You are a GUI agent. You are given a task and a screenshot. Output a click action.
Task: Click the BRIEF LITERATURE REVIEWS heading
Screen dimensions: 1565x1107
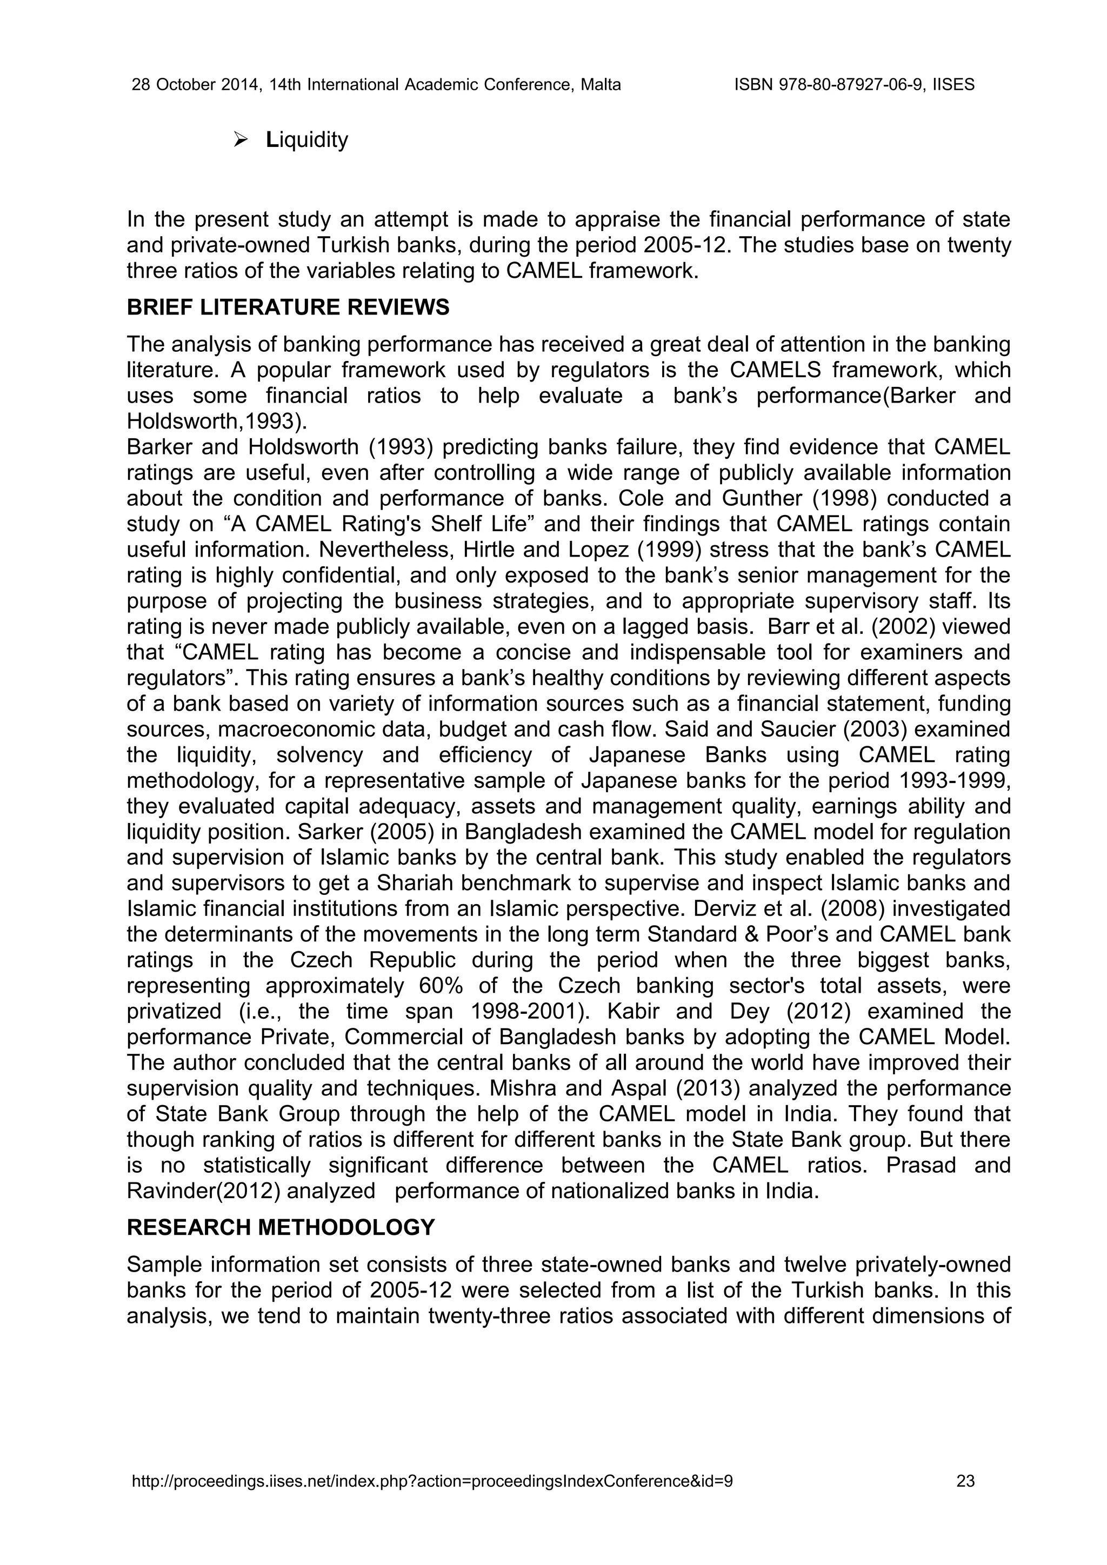click(288, 307)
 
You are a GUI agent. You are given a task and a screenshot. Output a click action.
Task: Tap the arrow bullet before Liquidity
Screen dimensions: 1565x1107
click(240, 140)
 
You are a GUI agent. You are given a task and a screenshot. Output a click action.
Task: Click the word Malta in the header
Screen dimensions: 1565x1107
click(601, 84)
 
